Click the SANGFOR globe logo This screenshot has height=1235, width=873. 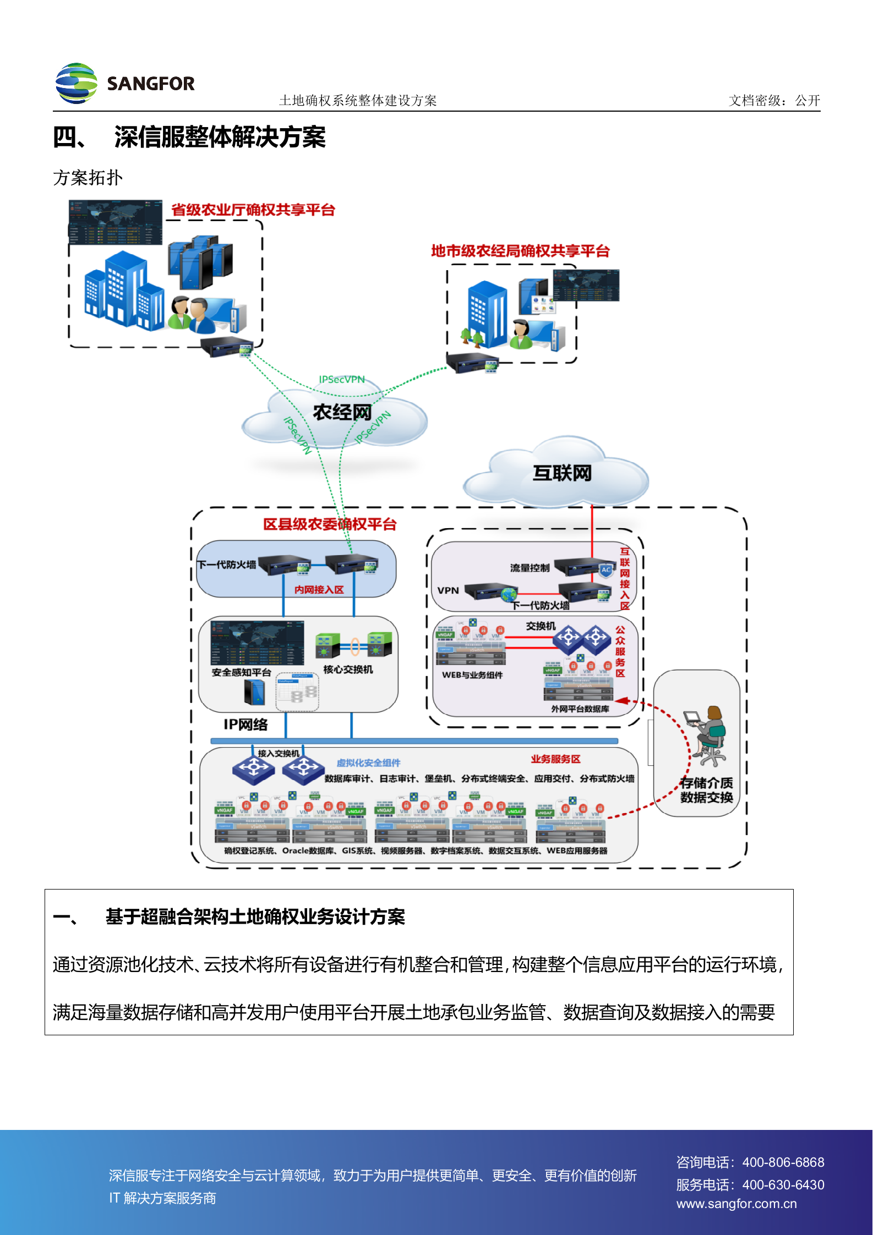[x=77, y=83]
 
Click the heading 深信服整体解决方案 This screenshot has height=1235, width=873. [x=220, y=138]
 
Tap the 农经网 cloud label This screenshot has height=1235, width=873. [x=342, y=412]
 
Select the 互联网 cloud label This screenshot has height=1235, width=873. [x=561, y=473]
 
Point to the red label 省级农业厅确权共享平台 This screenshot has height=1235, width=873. [x=253, y=210]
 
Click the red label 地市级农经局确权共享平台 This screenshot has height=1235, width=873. [x=520, y=251]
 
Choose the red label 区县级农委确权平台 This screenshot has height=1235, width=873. [x=329, y=524]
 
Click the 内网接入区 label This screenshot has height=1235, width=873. [x=319, y=590]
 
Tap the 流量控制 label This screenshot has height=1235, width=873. [x=530, y=568]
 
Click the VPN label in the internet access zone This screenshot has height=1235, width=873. [x=448, y=590]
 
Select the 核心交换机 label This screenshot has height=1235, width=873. [x=348, y=669]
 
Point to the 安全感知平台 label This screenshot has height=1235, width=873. [x=241, y=672]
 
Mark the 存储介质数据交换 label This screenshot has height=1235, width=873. [x=706, y=790]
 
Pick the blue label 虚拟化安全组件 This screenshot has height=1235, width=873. [x=368, y=762]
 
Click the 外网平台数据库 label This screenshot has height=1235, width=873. [x=580, y=709]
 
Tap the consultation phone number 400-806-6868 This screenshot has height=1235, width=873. [x=783, y=1162]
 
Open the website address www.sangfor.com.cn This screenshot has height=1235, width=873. [x=736, y=1204]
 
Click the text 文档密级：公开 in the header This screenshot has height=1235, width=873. [x=774, y=101]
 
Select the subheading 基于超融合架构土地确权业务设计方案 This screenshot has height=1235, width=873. [x=255, y=917]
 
